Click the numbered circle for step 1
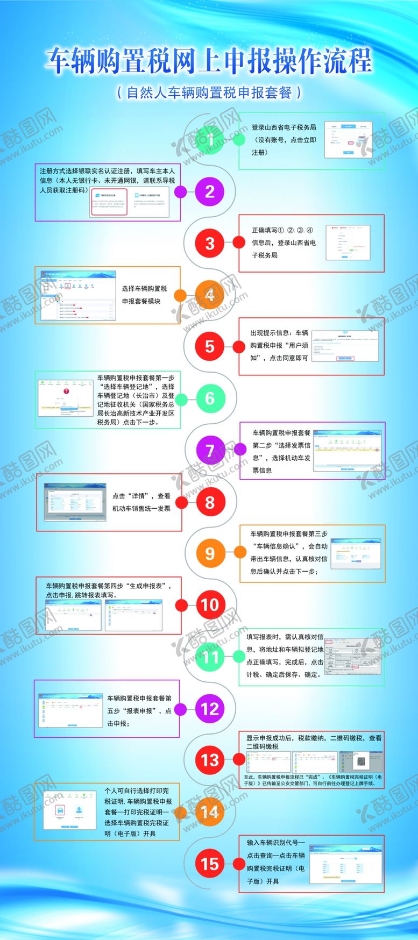(x=210, y=140)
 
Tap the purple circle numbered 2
(x=210, y=192)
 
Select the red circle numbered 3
(x=210, y=244)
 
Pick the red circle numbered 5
(x=210, y=347)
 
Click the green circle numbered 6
(x=210, y=398)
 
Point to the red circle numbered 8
(x=210, y=503)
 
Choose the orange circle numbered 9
(x=210, y=554)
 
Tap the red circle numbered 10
(x=210, y=605)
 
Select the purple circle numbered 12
(x=210, y=709)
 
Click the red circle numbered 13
(x=210, y=760)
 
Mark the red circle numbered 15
(x=210, y=864)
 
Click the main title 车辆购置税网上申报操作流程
(x=209, y=61)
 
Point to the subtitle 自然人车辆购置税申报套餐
(x=209, y=92)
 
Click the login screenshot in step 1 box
(x=349, y=140)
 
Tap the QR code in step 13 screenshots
(x=361, y=761)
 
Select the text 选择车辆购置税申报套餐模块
(x=144, y=295)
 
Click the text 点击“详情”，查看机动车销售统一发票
(x=141, y=502)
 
